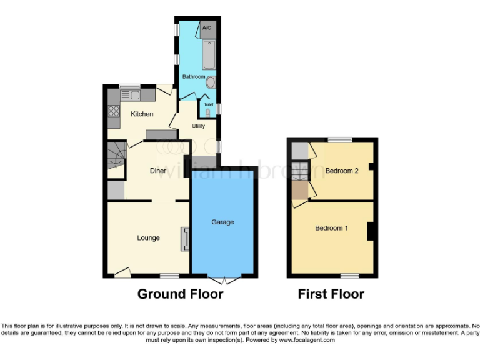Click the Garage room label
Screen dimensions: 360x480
point(222,222)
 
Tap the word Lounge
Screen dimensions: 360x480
point(149,237)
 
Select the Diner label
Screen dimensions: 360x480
point(157,170)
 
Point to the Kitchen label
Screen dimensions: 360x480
point(142,114)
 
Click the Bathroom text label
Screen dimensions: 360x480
point(193,76)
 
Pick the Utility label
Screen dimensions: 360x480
point(199,126)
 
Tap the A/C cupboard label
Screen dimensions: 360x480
point(207,29)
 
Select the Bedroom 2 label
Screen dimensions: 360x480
point(341,171)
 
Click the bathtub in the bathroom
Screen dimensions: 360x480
point(209,55)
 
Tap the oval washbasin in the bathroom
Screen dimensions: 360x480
point(211,82)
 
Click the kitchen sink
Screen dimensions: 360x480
point(134,95)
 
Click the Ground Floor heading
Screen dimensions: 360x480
point(180,294)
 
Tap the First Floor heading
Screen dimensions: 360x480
point(331,294)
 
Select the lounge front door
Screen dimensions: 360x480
point(122,272)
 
